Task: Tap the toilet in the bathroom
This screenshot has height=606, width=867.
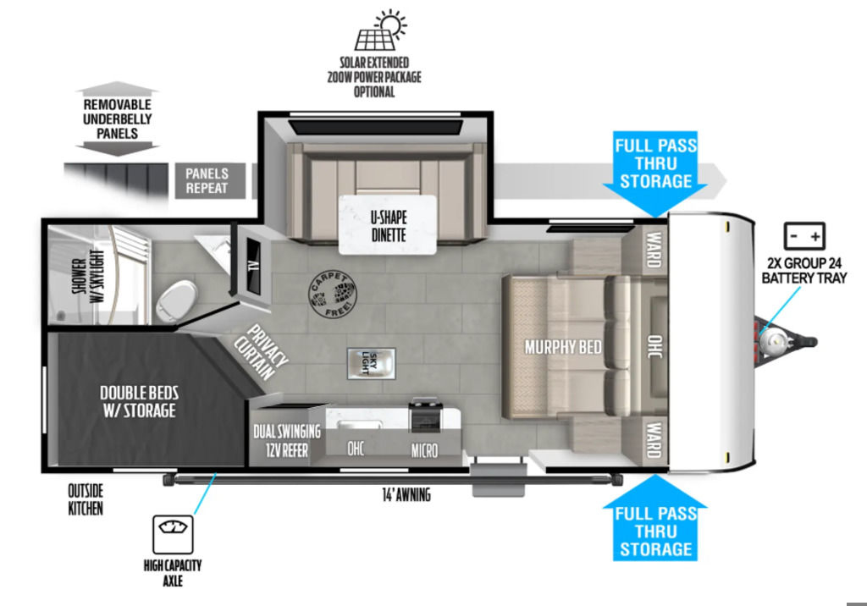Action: pyautogui.click(x=176, y=301)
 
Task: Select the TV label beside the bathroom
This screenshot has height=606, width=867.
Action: pyautogui.click(x=253, y=266)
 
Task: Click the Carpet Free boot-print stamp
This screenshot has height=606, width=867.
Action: pyautogui.click(x=332, y=295)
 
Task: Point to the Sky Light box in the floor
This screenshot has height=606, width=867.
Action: pyautogui.click(x=371, y=364)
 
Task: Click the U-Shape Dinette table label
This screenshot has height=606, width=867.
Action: pyautogui.click(x=388, y=226)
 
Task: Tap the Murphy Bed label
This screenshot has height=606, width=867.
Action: pyautogui.click(x=563, y=347)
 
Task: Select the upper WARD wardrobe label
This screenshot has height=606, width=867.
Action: pyautogui.click(x=654, y=250)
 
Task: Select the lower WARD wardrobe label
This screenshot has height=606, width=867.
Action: pyautogui.click(x=654, y=439)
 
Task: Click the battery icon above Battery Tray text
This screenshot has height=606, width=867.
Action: pyautogui.click(x=804, y=236)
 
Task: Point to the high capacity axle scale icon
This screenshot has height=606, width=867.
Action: pyautogui.click(x=173, y=534)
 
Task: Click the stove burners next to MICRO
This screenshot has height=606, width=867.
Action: pyautogui.click(x=425, y=415)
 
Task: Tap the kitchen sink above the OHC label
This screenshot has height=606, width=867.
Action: pyautogui.click(x=359, y=425)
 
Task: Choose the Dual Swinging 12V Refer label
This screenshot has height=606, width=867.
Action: pyautogui.click(x=287, y=441)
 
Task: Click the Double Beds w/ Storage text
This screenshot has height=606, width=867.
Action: pyautogui.click(x=140, y=401)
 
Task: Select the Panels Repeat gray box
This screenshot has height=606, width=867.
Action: pyautogui.click(x=211, y=181)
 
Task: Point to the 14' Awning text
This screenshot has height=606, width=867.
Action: pyautogui.click(x=406, y=494)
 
